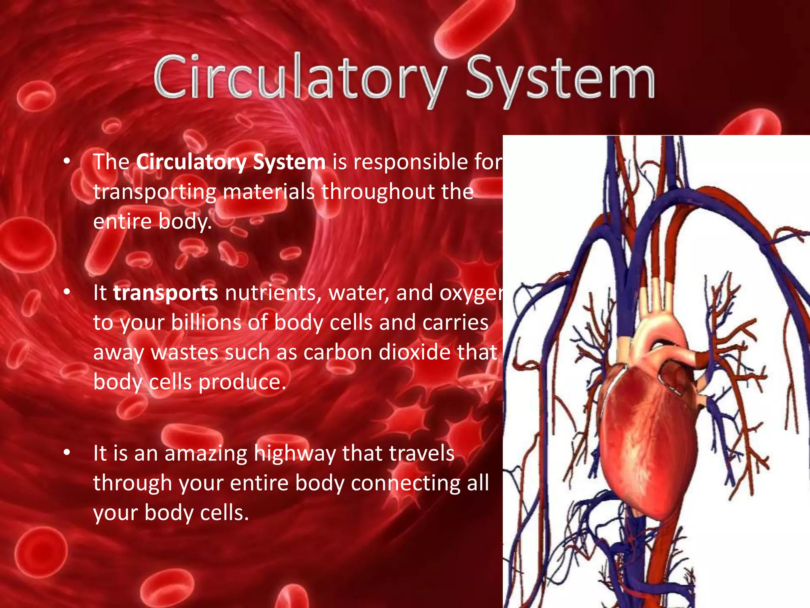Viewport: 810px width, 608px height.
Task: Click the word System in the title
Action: click(x=560, y=79)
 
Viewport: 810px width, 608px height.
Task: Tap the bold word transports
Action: click(x=165, y=293)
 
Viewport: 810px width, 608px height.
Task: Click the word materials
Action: click(x=269, y=192)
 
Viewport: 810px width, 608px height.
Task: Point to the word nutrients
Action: click(x=273, y=293)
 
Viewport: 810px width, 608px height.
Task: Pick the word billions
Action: click(x=206, y=323)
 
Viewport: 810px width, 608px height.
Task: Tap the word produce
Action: click(x=242, y=382)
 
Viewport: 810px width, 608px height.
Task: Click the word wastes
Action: click(x=184, y=352)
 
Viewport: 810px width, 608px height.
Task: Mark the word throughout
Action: click(x=378, y=192)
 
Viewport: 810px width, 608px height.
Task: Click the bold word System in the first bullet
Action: click(x=289, y=162)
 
